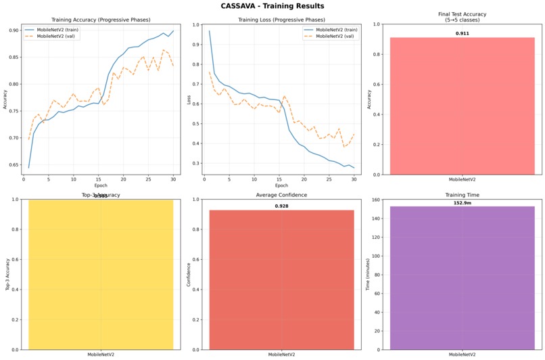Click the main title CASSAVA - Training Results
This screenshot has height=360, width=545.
pyautogui.click(x=272, y=6)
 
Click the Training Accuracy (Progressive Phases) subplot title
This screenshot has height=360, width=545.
pyautogui.click(x=100, y=20)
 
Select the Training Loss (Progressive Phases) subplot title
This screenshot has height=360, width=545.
pyautogui.click(x=280, y=20)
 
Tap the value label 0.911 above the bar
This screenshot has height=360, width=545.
pyautogui.click(x=462, y=32)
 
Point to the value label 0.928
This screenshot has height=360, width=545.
pyautogui.click(x=281, y=206)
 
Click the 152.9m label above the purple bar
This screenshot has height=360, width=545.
pyautogui.click(x=462, y=202)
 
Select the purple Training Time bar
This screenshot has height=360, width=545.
pyautogui.click(x=462, y=277)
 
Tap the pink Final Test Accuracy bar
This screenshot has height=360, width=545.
pyautogui.click(x=462, y=106)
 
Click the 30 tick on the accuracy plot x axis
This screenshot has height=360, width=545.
pyautogui.click(x=173, y=179)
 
